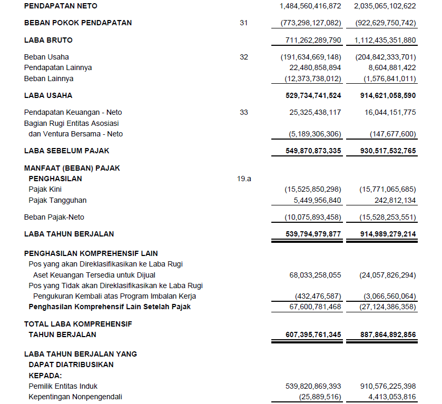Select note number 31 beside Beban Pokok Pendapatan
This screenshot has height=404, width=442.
pos(243,23)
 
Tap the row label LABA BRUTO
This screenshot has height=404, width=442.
pos(48,40)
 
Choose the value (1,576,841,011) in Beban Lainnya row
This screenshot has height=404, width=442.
pos(390,78)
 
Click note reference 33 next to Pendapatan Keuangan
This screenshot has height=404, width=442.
pos(243,112)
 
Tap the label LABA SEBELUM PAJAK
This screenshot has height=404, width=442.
pos(67,151)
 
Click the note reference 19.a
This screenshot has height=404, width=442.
pos(244,179)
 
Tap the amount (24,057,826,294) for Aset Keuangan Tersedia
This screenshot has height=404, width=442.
pos(387,275)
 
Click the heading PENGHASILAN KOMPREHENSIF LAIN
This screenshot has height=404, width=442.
pos(91,253)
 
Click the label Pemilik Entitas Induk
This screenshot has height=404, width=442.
pos(63,386)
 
